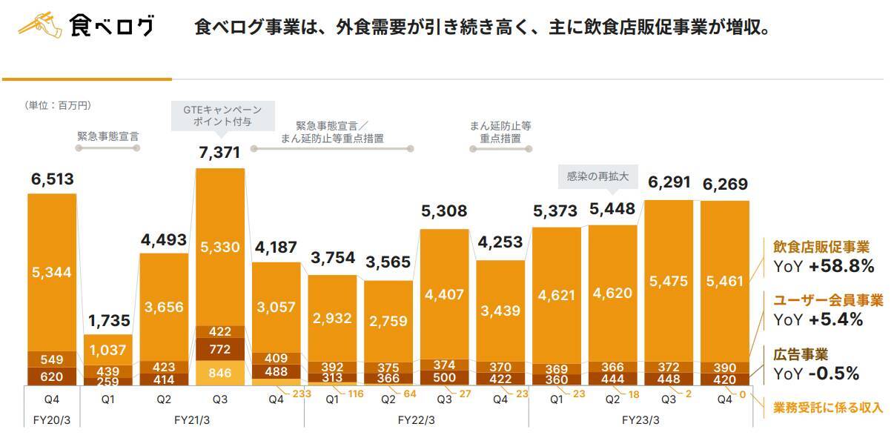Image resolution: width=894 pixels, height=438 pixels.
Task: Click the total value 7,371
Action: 220,153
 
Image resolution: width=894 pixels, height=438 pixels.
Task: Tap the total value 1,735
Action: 109,321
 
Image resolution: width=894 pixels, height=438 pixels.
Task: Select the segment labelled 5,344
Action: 52,272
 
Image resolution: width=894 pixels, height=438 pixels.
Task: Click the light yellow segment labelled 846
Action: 220,371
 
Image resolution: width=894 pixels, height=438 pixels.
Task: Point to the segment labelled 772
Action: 220,349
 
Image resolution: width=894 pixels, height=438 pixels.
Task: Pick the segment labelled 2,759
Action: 388,322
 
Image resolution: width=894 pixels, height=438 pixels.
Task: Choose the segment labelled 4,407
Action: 445,293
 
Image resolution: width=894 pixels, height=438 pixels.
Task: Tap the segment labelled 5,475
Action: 669,281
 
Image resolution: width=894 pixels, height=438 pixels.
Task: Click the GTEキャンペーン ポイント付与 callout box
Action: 222,116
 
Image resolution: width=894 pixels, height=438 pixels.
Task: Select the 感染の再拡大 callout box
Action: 597,176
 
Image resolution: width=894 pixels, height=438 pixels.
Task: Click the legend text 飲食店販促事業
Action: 821,247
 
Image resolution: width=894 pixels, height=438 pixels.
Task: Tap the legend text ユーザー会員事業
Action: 828,300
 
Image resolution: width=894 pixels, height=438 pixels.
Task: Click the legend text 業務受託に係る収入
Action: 828,407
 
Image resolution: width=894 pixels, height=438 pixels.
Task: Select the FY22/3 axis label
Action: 417,419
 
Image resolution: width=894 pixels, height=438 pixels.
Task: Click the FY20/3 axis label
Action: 52,419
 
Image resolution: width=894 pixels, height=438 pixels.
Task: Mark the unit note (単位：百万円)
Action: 59,106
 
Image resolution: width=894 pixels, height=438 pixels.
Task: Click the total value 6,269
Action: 724,184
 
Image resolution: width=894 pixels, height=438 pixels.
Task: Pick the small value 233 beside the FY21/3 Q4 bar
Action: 301,394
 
